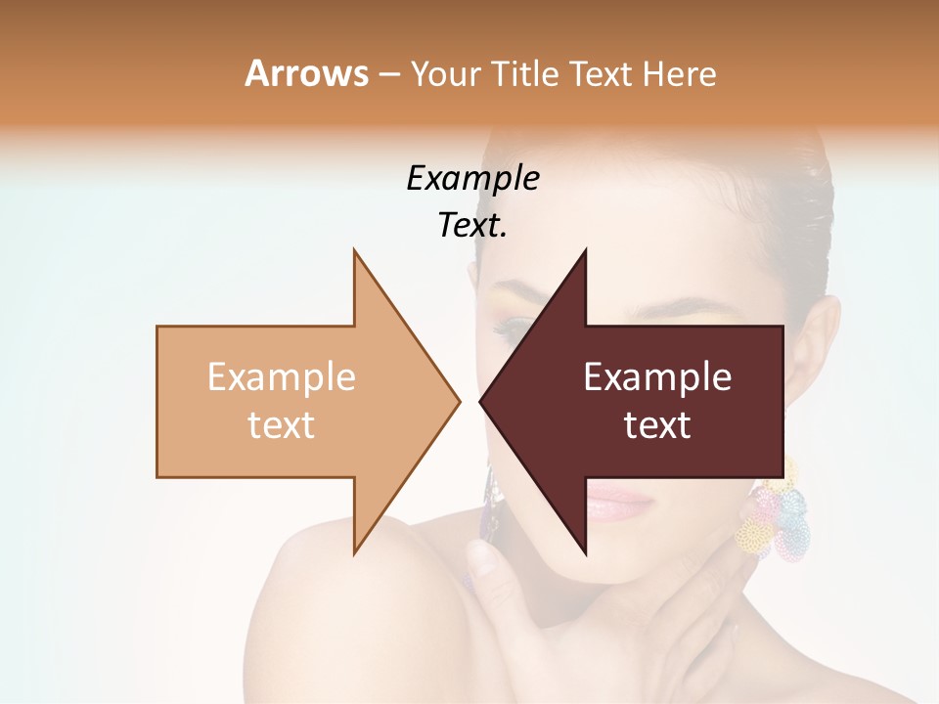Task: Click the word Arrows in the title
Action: pyautogui.click(x=306, y=73)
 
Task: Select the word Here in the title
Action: pyautogui.click(x=679, y=73)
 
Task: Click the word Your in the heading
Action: pyautogui.click(x=445, y=74)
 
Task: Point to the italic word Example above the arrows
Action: pyautogui.click(x=472, y=178)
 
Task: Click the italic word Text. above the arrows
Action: pyautogui.click(x=472, y=226)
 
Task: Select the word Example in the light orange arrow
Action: pyautogui.click(x=282, y=376)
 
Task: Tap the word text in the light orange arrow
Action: pyautogui.click(x=282, y=425)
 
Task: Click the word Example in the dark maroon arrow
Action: pyautogui.click(x=657, y=376)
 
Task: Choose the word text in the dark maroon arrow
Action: pyautogui.click(x=657, y=425)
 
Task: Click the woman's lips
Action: pyautogui.click(x=618, y=504)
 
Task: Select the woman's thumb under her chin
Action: pyautogui.click(x=483, y=561)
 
